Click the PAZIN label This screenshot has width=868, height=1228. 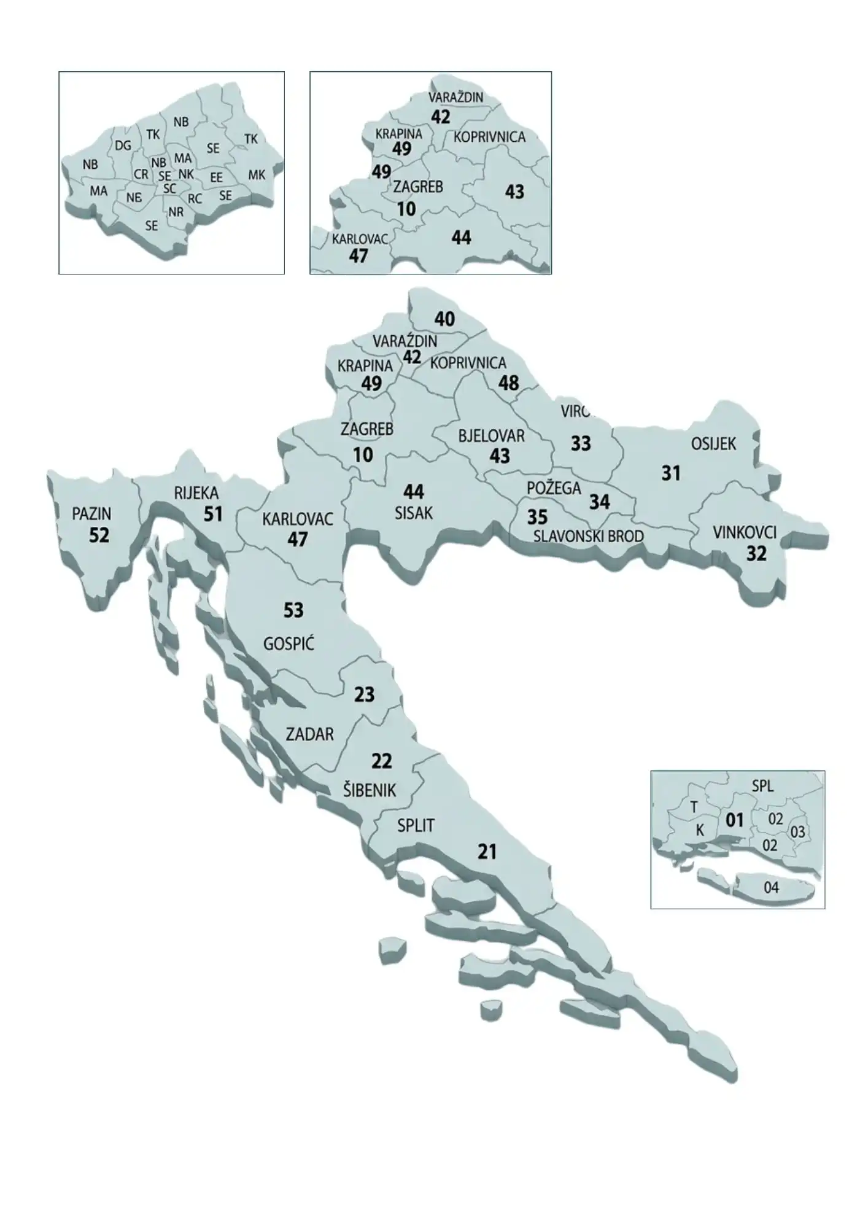(x=91, y=513)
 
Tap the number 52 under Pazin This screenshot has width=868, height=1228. (x=99, y=535)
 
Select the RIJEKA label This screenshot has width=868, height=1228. (x=196, y=493)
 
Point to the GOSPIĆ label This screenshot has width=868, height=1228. (x=289, y=644)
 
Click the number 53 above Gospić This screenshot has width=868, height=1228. (x=293, y=610)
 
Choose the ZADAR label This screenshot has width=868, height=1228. (x=309, y=734)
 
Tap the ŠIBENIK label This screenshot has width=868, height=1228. (x=369, y=790)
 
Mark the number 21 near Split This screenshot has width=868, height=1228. (x=487, y=852)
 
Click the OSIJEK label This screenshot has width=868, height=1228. (x=713, y=444)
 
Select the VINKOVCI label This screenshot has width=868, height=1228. (x=745, y=532)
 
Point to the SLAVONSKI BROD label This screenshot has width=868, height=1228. (x=588, y=536)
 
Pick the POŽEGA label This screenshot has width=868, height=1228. (x=554, y=488)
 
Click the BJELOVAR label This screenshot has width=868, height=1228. (x=491, y=437)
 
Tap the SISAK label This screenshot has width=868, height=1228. (x=414, y=513)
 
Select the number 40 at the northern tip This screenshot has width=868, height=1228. (x=444, y=319)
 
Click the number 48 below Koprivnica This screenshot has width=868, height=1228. (x=508, y=383)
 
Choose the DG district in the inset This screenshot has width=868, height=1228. (x=123, y=146)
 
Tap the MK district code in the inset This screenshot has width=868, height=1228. (x=257, y=175)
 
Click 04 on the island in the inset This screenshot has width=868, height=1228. (x=771, y=887)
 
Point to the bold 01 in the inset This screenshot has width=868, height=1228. (x=734, y=820)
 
